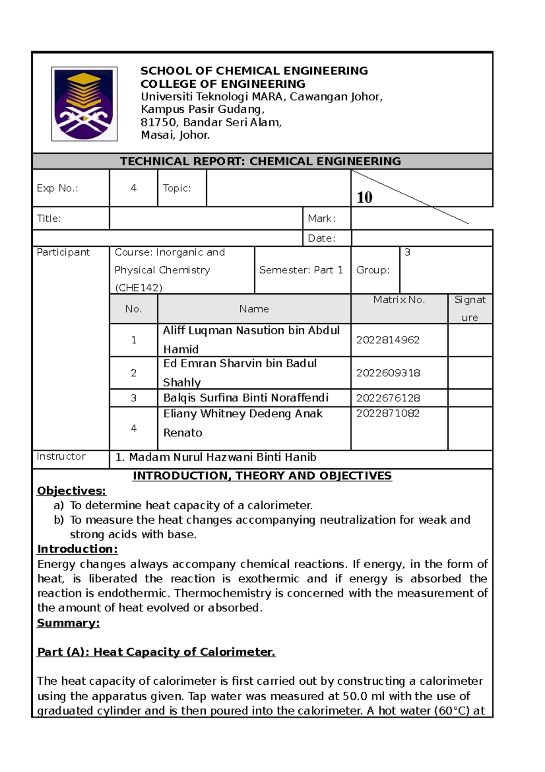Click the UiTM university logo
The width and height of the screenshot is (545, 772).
click(84, 104)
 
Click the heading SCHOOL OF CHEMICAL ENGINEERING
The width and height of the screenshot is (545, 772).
click(254, 71)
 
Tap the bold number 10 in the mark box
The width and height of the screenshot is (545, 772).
click(364, 197)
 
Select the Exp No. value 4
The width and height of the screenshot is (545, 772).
click(134, 188)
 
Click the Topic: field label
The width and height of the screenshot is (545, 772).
click(177, 188)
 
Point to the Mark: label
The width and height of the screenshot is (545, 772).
click(322, 219)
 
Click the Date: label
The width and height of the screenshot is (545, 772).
click(322, 238)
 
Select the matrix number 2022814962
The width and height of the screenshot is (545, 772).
click(387, 340)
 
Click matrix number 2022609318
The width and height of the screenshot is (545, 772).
click(387, 373)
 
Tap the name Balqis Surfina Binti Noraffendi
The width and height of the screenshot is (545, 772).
click(246, 398)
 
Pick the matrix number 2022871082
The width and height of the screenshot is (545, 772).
click(387, 413)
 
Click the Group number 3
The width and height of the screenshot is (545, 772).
click(407, 252)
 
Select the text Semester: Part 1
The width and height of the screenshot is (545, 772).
click(301, 270)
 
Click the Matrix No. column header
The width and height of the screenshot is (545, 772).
click(399, 300)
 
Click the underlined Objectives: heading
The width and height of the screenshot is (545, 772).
click(71, 491)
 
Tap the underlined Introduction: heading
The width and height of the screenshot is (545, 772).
click(77, 549)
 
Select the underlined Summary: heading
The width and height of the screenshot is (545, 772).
click(68, 623)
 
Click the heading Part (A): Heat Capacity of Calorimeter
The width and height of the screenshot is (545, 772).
click(156, 652)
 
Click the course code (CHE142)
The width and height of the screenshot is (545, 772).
click(138, 288)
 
